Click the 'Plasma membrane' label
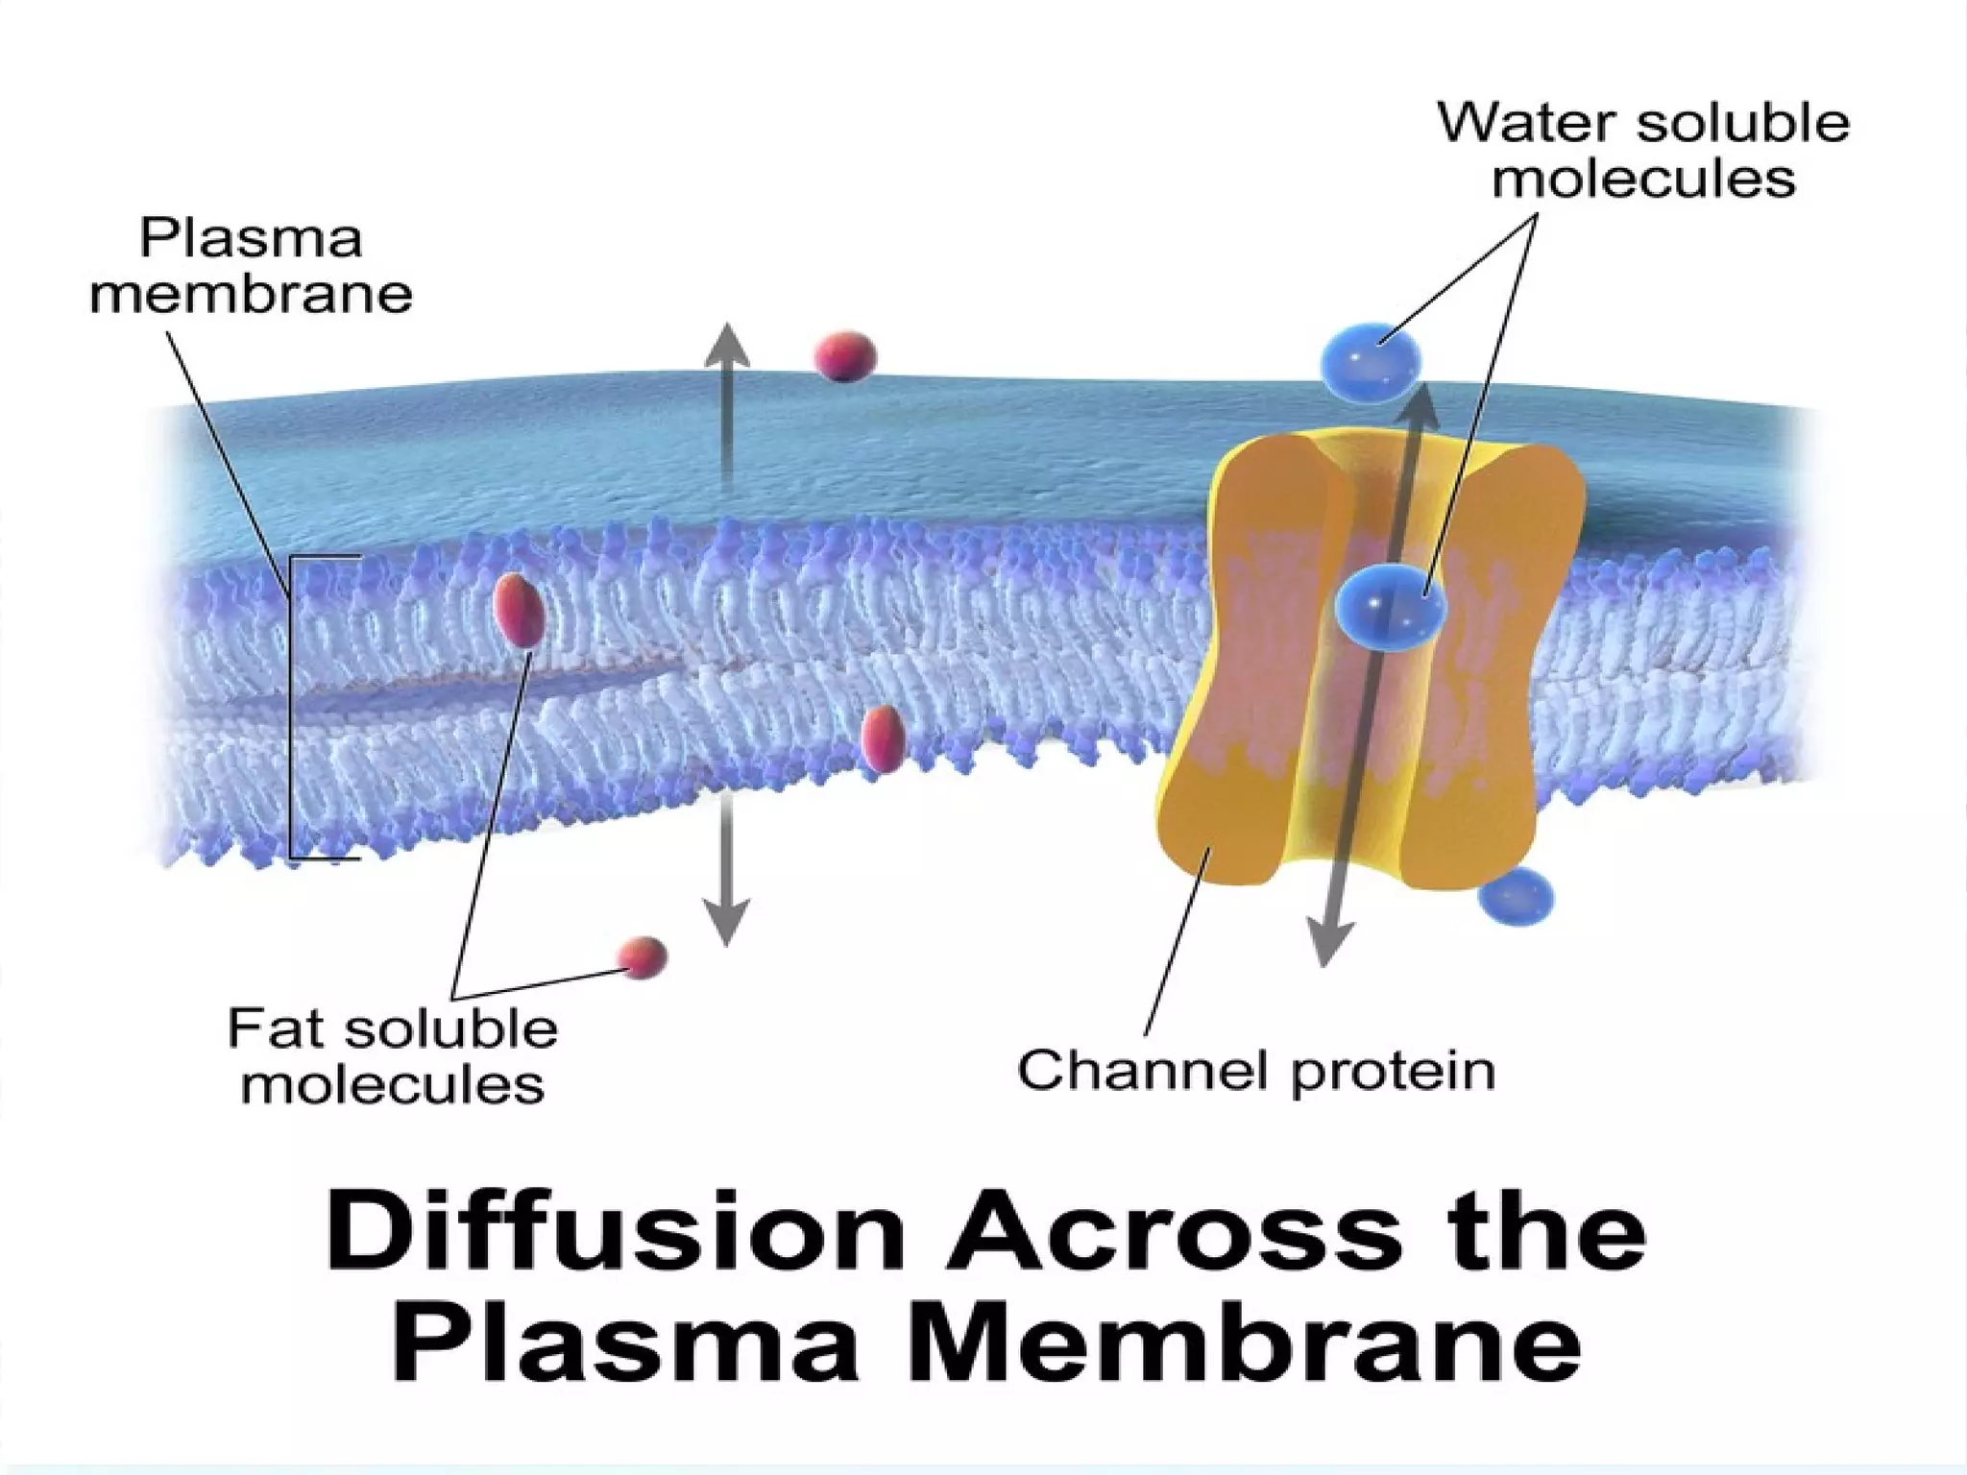pyautogui.click(x=251, y=266)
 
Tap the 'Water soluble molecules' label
pyautogui.click(x=1642, y=151)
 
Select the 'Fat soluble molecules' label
pyautogui.click(x=392, y=1056)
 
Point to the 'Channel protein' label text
pyautogui.click(x=1256, y=1070)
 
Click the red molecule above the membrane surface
pyautogui.click(x=845, y=355)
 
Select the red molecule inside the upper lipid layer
pyautogui.click(x=519, y=610)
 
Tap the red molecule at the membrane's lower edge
pyautogui.click(x=882, y=739)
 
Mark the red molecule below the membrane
pyautogui.click(x=642, y=956)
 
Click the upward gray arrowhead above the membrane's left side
pyautogui.click(x=727, y=347)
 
